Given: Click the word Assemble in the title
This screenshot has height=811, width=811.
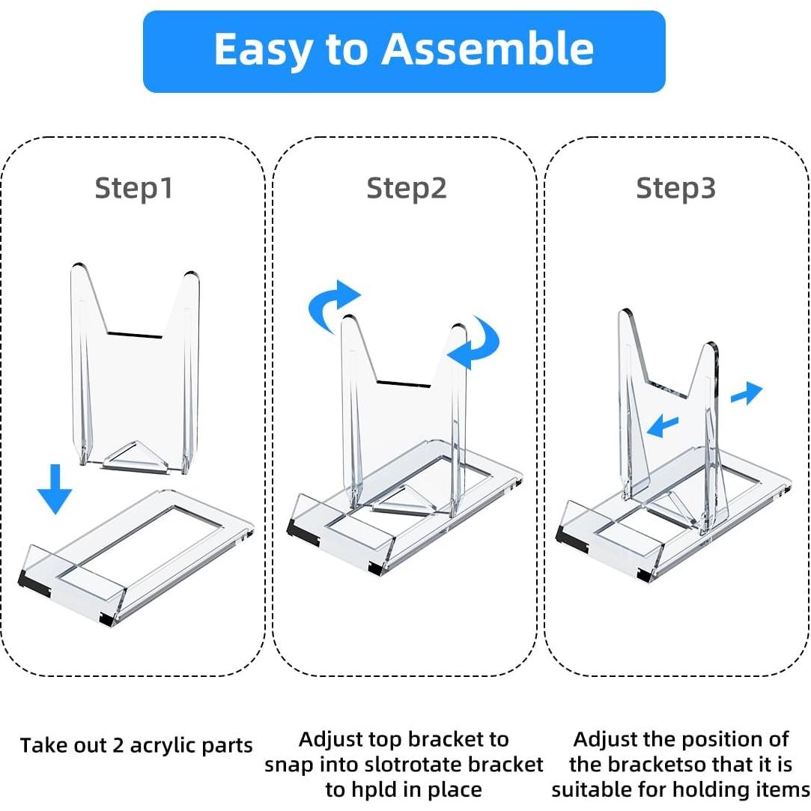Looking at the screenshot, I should [x=487, y=49].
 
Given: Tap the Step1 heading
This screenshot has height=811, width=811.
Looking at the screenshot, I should [x=134, y=189].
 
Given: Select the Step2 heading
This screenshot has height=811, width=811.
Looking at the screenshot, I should [x=406, y=189].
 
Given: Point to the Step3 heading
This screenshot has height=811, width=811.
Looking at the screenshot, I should [x=676, y=189].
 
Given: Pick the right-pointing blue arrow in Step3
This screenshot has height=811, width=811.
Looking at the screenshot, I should [x=747, y=393].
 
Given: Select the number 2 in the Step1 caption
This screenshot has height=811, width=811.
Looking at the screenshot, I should [x=118, y=746].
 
